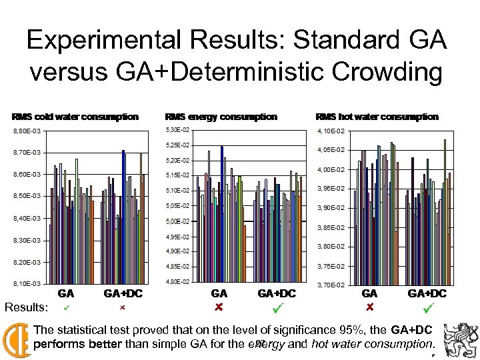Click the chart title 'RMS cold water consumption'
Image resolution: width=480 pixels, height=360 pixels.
(75, 117)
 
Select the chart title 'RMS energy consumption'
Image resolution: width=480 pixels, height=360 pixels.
(221, 117)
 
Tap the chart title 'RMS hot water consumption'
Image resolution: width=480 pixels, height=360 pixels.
(377, 117)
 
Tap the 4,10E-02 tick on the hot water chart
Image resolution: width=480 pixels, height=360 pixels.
(331, 131)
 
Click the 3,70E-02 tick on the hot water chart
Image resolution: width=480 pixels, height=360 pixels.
(331, 285)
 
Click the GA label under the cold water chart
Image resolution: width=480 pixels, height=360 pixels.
(65, 293)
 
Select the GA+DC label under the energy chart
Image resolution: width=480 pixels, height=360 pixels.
(277, 293)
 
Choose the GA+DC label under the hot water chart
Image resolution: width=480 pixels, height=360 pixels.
(427, 293)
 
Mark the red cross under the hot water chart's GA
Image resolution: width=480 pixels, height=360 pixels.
(370, 308)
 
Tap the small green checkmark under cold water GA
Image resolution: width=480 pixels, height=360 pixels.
(65, 308)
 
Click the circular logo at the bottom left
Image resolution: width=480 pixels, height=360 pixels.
(16, 338)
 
